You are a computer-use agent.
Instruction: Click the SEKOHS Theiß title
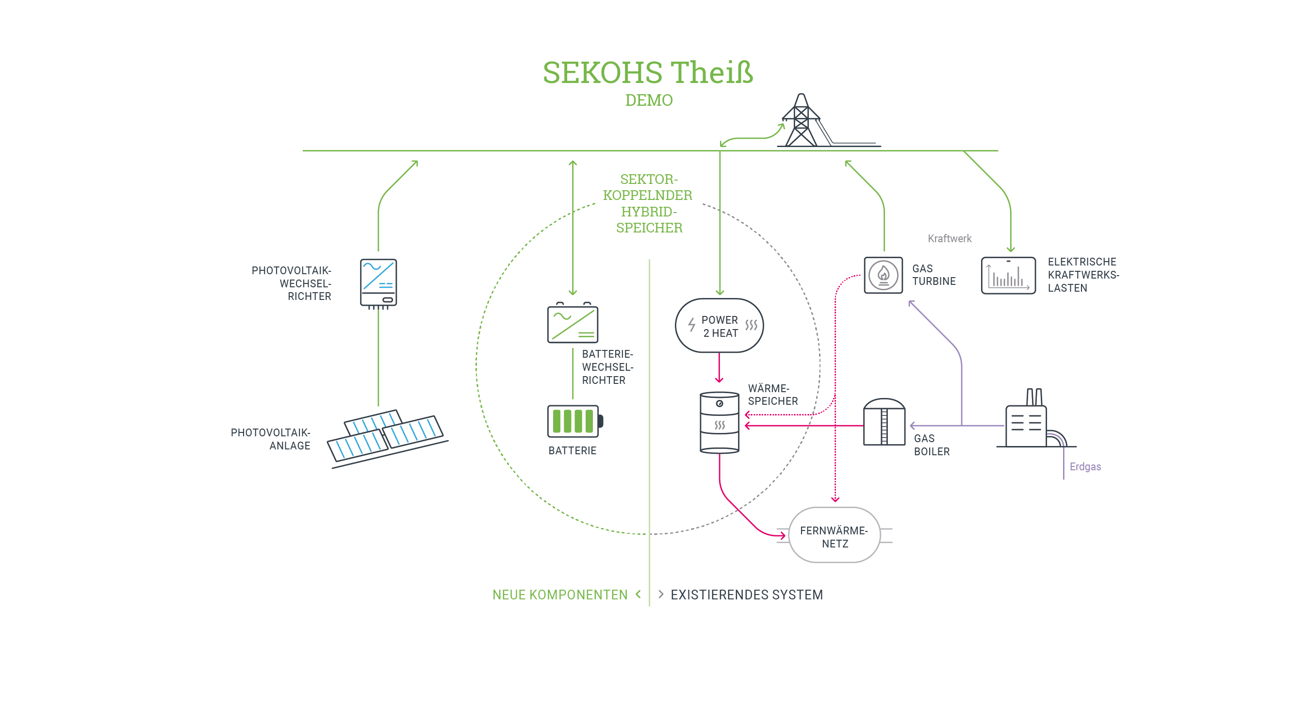648,73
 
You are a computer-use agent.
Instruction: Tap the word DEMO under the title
649,100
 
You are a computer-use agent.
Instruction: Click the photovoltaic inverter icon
378,283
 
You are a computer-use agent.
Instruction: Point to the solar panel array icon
386,436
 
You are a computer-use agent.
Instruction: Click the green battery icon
574,421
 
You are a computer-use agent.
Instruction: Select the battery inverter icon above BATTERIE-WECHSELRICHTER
572,324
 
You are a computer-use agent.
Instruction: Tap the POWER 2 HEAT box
720,326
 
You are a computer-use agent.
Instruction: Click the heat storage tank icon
720,423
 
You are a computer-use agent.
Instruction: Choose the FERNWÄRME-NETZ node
835,536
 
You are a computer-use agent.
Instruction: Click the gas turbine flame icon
883,275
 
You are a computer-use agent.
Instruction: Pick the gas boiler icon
884,422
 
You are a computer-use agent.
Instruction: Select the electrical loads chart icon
1008,276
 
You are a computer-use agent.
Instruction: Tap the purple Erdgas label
1085,467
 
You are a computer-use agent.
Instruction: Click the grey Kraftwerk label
949,239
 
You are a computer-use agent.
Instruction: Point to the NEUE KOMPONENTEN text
559,595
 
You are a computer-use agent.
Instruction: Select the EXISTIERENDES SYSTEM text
746,595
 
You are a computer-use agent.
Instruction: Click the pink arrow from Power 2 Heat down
719,368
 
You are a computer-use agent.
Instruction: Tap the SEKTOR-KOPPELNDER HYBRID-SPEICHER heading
648,203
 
